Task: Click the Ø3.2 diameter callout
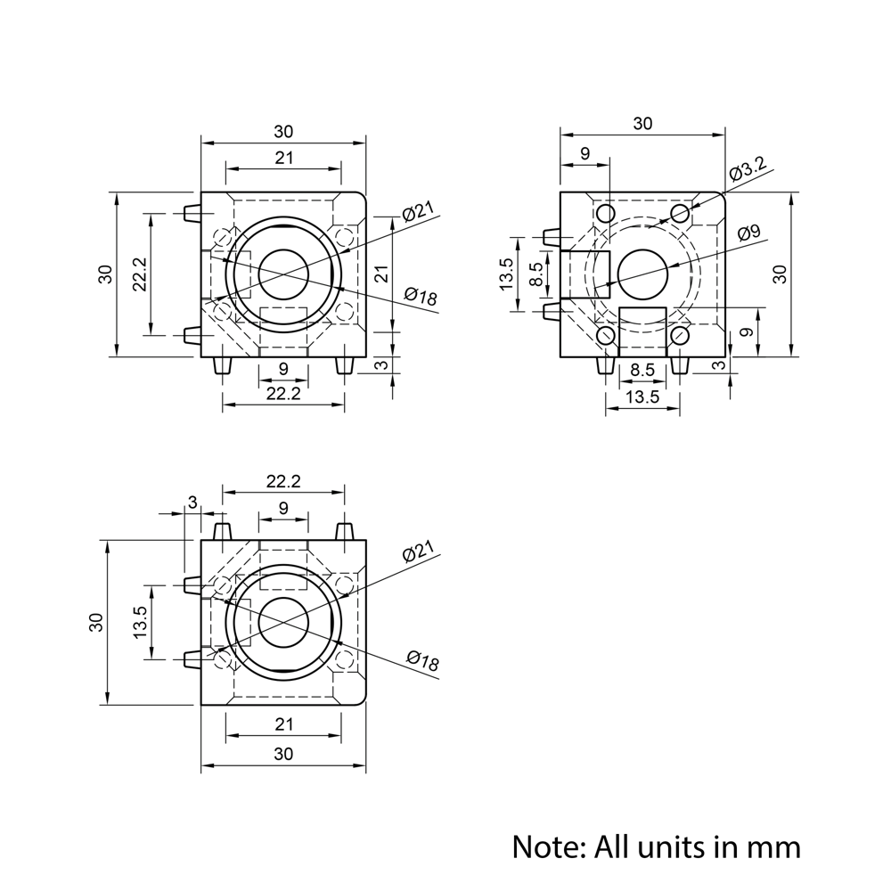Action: pyautogui.click(x=747, y=169)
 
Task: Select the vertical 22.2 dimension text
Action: pyautogui.click(x=138, y=274)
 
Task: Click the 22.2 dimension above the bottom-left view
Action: pyautogui.click(x=282, y=481)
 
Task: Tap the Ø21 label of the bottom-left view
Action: pyautogui.click(x=417, y=552)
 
